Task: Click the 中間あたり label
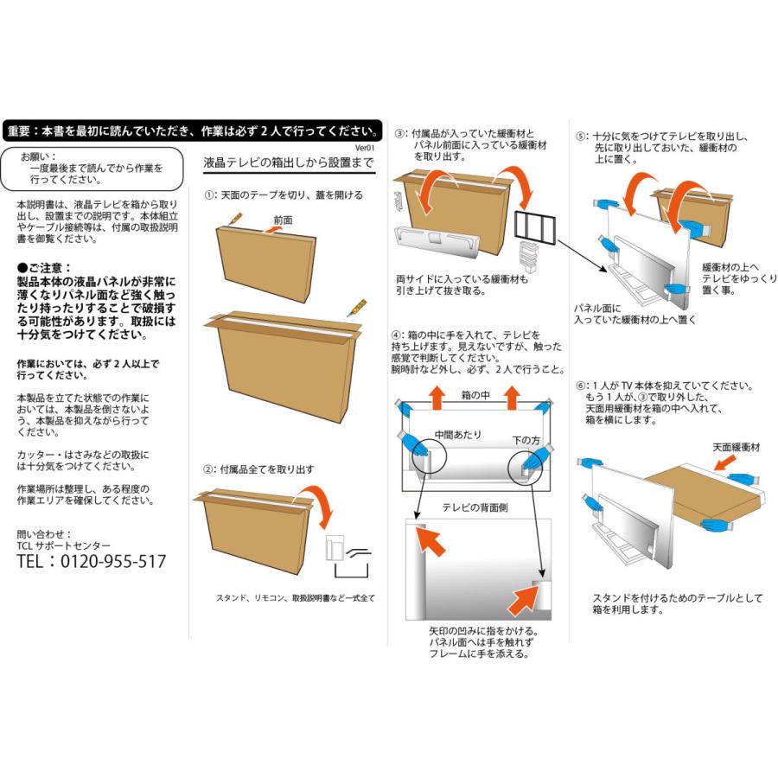[458, 434]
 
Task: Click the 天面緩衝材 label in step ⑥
[737, 447]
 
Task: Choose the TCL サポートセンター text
[64, 546]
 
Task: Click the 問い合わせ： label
[45, 534]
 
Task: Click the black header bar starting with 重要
[191, 131]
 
